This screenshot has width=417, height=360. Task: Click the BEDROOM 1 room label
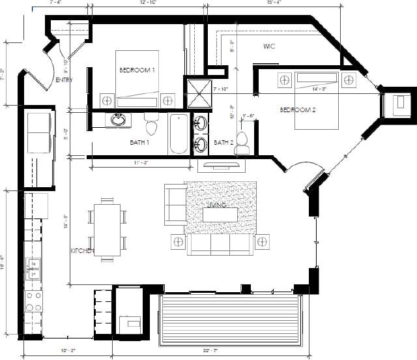click(137, 70)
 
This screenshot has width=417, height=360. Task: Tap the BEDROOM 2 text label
click(297, 110)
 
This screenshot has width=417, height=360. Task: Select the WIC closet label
click(270, 47)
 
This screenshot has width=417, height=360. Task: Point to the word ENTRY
click(64, 80)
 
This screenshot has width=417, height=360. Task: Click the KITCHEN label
click(82, 251)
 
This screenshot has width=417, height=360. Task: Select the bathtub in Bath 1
click(179, 134)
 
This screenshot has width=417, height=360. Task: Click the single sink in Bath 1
click(119, 120)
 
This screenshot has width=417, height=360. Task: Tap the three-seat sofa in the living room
click(220, 245)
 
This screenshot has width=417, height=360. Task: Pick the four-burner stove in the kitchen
click(33, 301)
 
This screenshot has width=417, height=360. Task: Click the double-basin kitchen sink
click(33, 269)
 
